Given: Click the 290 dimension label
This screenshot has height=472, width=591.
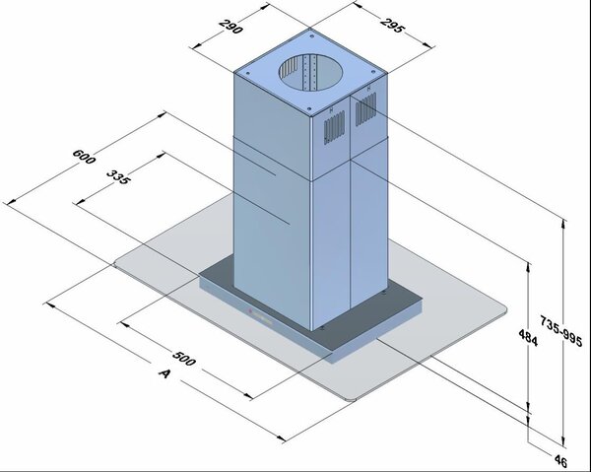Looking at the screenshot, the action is coord(230,26).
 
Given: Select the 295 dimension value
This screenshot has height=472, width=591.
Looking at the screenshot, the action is coord(393,24).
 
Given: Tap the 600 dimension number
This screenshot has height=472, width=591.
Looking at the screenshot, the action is coord(84,157).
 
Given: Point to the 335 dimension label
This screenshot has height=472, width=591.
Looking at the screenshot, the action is coord(119,176).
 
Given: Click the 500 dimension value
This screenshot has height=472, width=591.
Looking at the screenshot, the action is coord(184,358).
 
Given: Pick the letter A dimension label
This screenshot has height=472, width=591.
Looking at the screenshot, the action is coord(164,373).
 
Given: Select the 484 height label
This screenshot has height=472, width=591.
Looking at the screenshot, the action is coord(528,337).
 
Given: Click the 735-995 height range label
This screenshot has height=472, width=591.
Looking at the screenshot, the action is coord(561,331).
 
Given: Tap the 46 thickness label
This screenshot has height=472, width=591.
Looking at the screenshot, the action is coord(560,461).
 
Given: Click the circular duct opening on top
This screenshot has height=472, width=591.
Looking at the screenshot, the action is coord(311,72).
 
